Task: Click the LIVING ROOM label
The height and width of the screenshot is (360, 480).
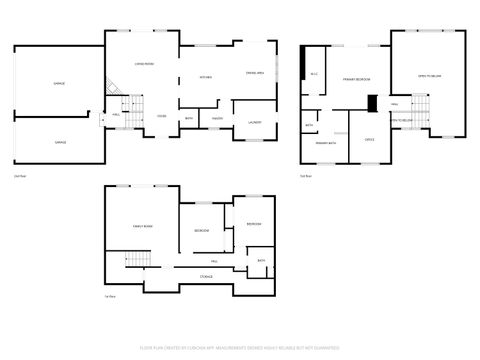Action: [x=144, y=63]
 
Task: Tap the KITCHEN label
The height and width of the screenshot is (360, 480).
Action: [x=206, y=77]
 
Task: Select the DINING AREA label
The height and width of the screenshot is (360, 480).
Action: [x=255, y=73]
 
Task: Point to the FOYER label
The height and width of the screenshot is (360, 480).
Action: [x=161, y=115]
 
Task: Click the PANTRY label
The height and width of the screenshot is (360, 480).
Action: [x=216, y=118]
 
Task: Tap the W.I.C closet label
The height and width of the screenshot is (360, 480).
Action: [x=313, y=75]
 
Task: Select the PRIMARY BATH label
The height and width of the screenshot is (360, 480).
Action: [x=325, y=143]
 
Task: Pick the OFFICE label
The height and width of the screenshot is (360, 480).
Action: [x=369, y=139]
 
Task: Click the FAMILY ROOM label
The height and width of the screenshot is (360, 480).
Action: [x=143, y=228]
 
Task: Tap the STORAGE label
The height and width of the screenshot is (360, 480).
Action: [x=206, y=275]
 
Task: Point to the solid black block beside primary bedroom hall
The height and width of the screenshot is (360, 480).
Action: [x=372, y=102]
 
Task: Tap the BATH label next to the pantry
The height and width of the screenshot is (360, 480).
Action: [x=189, y=118]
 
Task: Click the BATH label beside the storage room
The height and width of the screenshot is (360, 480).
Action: [x=260, y=261]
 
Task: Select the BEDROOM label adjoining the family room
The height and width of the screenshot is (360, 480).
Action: [x=201, y=231]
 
